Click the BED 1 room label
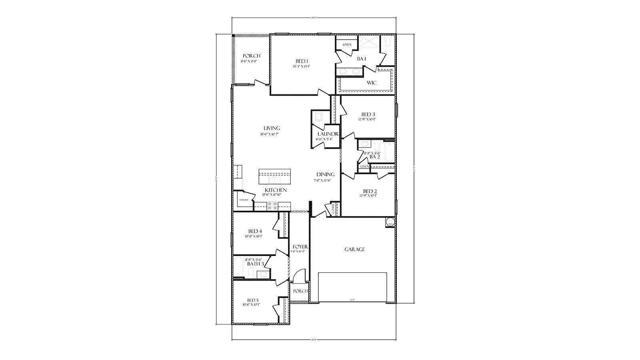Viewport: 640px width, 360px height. (x=302, y=61)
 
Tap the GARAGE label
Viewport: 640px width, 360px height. (x=355, y=249)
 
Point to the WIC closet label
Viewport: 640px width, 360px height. (x=372, y=83)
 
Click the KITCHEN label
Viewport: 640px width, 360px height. (x=276, y=190)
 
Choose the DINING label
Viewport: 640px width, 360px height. (x=325, y=174)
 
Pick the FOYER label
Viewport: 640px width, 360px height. (x=300, y=247)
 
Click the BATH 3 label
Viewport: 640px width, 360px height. (x=255, y=264)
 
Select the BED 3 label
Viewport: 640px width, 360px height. (x=368, y=114)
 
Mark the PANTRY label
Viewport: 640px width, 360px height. (x=244, y=200)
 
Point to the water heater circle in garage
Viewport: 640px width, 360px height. (x=390, y=222)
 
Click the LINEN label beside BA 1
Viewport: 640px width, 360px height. (x=347, y=44)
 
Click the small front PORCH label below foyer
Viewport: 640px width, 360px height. (x=300, y=291)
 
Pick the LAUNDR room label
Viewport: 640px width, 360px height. (x=328, y=134)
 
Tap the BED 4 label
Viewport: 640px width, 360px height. (x=255, y=231)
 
